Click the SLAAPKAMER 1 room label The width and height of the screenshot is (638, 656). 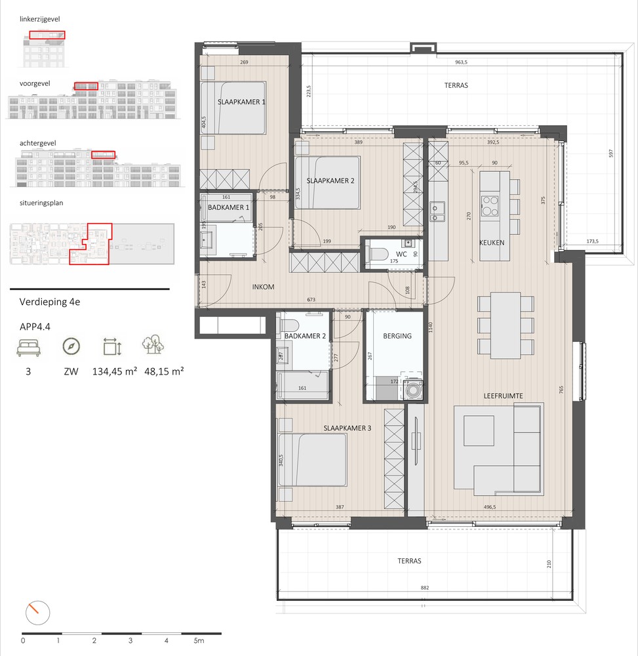point(242,102)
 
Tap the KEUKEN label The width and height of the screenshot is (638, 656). point(492,242)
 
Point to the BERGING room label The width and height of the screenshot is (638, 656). point(397,336)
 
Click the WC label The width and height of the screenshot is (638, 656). point(402,253)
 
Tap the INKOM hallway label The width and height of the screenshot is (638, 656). point(263,287)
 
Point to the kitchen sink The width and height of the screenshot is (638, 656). point(437,211)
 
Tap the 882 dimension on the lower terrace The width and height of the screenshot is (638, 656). point(424,588)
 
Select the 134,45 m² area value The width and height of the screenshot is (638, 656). point(115,371)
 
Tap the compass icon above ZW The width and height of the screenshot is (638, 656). point(70,346)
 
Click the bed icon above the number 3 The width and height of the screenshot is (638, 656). point(28,346)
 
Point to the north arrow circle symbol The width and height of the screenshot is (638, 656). point(34,613)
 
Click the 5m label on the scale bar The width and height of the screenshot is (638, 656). point(199,640)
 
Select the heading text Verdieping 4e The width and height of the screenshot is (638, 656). point(50,302)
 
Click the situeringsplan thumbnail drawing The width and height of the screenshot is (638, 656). point(92,245)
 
